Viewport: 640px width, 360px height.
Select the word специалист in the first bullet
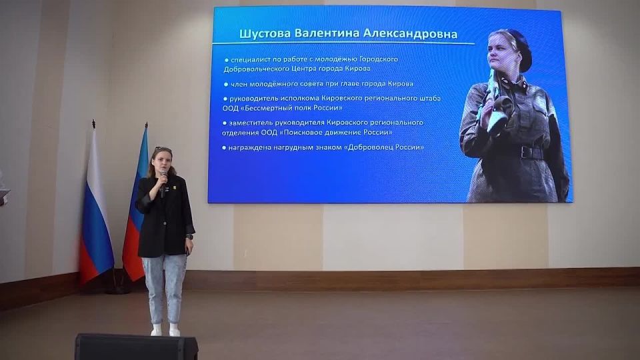coord(253,59)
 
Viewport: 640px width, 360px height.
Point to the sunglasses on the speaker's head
coord(163,149)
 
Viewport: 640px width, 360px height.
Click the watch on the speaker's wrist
coord(189,236)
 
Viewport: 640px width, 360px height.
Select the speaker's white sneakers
coord(165,329)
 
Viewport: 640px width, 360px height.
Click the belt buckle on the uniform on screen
coord(523,152)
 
